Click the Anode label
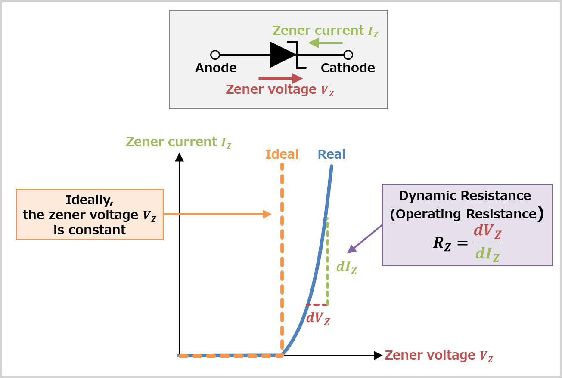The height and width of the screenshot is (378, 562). coord(216,68)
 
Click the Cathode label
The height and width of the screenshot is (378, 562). coord(348,68)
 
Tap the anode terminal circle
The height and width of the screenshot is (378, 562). coord(215,55)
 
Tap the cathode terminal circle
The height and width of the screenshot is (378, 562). coord(348,55)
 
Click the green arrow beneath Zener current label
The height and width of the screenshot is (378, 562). coord(325,43)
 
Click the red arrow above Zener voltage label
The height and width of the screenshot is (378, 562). coord(280,78)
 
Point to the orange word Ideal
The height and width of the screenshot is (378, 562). coord(282,154)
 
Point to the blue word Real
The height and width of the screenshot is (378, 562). coord(331,154)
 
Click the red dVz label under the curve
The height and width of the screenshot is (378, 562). coord(318,318)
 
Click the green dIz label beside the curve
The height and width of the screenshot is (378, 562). coord(347,267)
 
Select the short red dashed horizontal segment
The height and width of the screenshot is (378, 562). coord(317,305)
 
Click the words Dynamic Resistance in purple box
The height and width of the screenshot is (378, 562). coord(465,196)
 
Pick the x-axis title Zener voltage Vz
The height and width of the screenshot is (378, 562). coord(438,356)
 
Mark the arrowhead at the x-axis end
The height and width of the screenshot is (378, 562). coord(378,356)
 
